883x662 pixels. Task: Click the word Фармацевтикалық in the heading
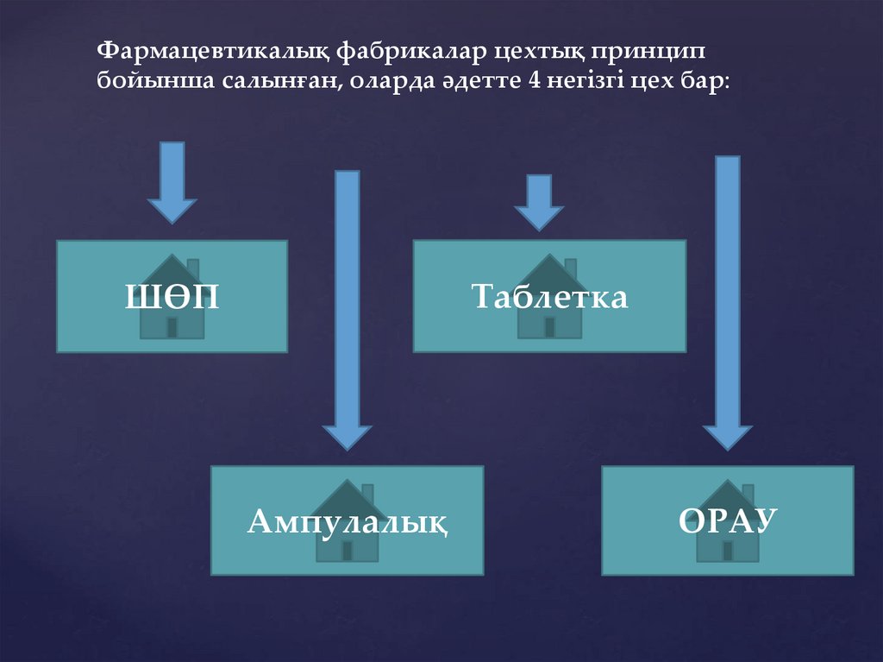pos(209,51)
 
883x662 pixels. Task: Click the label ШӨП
pos(172,299)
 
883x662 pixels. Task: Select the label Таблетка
pos(549,299)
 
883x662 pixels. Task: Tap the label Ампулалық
pos(348,521)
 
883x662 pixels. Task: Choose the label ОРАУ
pos(728,521)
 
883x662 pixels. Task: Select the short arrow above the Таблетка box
pos(539,203)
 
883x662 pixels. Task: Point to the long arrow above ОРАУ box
pos(728,302)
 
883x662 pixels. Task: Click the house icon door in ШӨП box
pos(172,327)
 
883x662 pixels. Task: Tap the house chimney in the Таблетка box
pos(570,268)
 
